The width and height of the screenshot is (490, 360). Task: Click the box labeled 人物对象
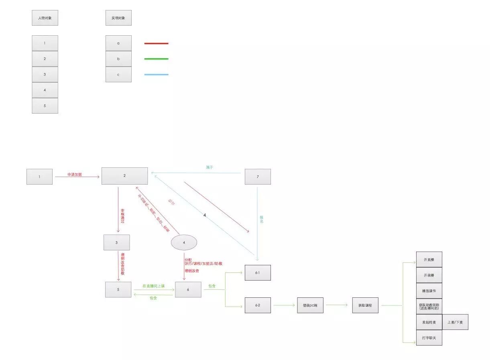(x=45, y=18)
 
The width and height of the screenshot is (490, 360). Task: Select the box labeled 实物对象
(x=118, y=18)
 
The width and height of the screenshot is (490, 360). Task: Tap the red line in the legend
(x=156, y=43)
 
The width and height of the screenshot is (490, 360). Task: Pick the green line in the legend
(x=156, y=59)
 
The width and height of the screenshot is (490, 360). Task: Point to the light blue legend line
(x=156, y=75)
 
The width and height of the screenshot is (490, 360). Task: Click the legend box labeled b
(x=118, y=59)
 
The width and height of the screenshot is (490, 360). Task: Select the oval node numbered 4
(x=184, y=242)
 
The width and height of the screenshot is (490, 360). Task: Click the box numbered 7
(x=258, y=177)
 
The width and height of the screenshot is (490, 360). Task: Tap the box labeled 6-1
(x=258, y=273)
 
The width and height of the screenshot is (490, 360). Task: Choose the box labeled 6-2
(x=258, y=305)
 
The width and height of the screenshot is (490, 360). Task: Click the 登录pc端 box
(x=310, y=305)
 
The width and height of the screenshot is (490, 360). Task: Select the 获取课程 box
(x=365, y=305)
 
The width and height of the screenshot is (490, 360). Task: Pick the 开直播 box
(x=429, y=259)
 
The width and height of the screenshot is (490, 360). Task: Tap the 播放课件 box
(x=429, y=291)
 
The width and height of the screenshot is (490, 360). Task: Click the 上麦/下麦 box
(x=455, y=322)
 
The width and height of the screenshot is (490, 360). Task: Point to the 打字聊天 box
(x=429, y=338)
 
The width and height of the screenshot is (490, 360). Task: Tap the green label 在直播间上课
(x=153, y=286)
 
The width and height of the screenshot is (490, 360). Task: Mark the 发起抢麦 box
(x=429, y=322)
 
